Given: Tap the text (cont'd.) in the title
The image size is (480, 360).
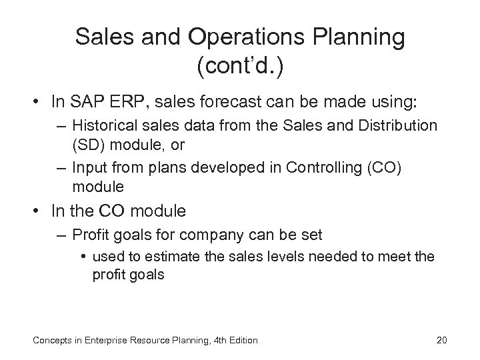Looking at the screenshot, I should [240, 66].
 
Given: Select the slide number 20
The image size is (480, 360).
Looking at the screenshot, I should [441, 341].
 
